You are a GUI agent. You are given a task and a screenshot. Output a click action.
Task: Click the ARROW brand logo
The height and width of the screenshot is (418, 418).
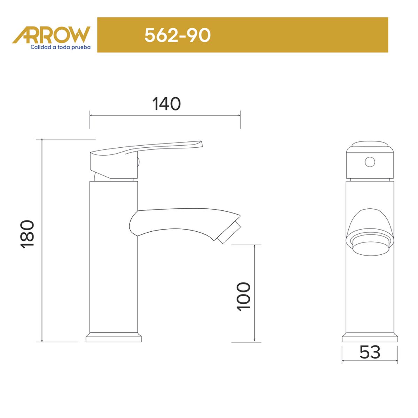tap(52, 35)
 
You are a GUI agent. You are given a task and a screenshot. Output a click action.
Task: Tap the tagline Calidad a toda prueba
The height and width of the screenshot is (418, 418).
tap(61, 47)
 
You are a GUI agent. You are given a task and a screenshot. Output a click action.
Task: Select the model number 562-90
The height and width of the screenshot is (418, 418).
tap(177, 35)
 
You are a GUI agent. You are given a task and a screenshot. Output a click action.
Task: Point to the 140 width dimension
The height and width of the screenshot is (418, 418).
tap(167, 104)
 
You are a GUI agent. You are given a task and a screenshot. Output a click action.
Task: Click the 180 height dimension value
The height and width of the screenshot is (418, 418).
tap(28, 233)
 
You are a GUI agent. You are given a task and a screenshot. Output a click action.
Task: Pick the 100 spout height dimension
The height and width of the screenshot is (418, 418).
tap(243, 296)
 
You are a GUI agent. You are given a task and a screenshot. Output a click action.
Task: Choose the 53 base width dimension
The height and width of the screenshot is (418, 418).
tap(370, 352)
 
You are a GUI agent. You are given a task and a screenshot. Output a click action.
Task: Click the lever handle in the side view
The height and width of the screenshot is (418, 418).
tap(146, 148)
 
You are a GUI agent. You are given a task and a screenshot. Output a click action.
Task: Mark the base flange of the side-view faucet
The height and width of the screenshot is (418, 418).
tap(114, 338)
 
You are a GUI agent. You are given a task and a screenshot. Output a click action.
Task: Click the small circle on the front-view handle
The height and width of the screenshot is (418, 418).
tap(370, 162)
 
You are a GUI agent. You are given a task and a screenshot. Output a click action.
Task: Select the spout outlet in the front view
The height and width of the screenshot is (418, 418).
tap(370, 244)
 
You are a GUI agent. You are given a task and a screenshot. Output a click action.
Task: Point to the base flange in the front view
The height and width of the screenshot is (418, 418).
tap(370, 338)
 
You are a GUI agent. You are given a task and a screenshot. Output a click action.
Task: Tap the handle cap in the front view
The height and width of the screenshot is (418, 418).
tap(370, 146)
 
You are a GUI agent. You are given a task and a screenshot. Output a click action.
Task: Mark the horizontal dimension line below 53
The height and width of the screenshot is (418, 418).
tap(370, 361)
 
